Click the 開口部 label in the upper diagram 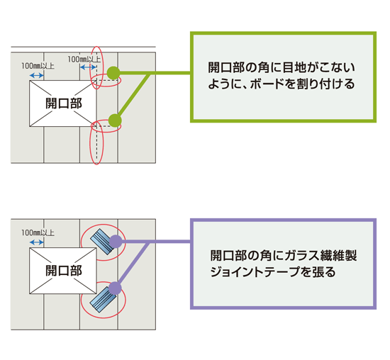(64, 103)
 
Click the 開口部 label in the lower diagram (64, 271)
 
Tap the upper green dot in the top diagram (113, 73)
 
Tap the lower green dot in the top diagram (115, 120)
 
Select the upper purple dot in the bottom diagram (116, 242)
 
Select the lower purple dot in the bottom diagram (115, 288)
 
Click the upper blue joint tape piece (101, 242)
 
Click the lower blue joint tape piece (103, 299)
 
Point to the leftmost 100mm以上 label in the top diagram (38, 66)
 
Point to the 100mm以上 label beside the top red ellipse (84, 59)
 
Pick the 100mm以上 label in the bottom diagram (38, 233)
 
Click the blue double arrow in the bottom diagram (37, 242)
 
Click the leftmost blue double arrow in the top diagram (37, 75)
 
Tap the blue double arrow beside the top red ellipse (89, 67)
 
